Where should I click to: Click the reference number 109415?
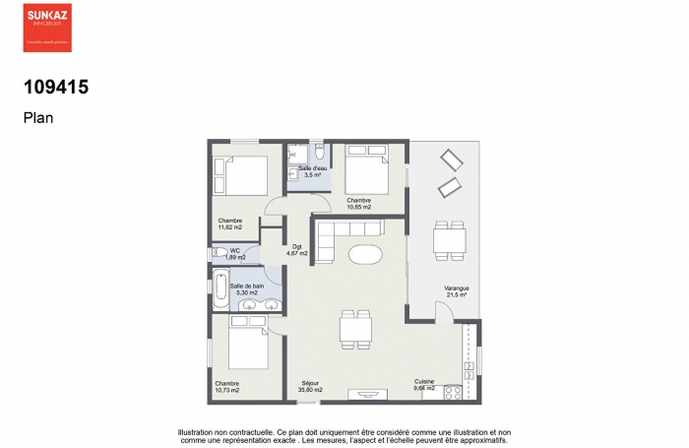coord(56,87)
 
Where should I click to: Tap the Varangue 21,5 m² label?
coord(457,291)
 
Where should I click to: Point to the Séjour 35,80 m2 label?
coord(311,386)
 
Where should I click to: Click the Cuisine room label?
coord(424,385)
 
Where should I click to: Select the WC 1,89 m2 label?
coord(234,253)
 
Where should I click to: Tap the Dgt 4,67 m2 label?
coord(297,250)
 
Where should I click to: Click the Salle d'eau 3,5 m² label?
coord(313,172)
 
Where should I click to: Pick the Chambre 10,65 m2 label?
coord(358,204)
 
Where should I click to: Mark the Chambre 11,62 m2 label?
coord(230,224)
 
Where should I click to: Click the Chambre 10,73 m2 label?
coord(227,386)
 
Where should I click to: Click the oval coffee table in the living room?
coord(365,254)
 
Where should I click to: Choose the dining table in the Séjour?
coord(355,328)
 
